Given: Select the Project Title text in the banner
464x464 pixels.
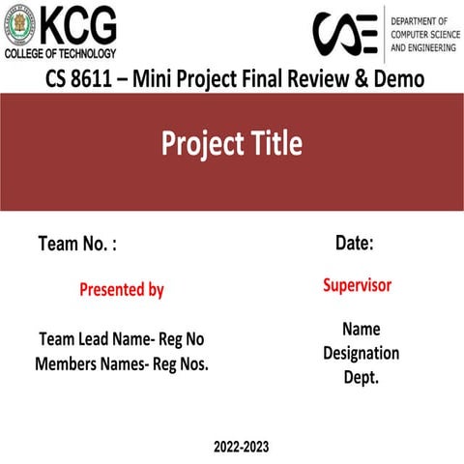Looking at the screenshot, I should [232, 145].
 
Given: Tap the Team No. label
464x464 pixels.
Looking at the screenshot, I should [77, 245].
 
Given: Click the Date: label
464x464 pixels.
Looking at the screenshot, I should [355, 244].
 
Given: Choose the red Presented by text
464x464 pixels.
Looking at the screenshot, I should [122, 289].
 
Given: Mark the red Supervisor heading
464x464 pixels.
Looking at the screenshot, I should [357, 285].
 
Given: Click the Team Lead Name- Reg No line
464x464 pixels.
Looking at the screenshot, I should [122, 339].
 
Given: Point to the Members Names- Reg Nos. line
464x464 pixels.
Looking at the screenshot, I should [122, 364].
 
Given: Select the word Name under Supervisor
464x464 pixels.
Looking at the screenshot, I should [361, 329].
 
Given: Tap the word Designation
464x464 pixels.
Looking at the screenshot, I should [361, 353].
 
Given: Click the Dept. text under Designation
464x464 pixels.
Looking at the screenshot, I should [361, 377].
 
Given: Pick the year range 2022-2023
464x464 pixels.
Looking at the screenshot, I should [242, 447].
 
